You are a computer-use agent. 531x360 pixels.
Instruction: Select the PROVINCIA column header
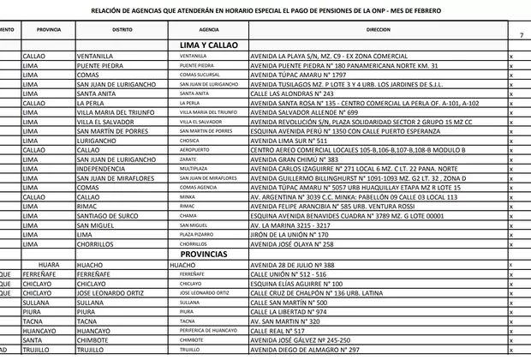click(49, 29)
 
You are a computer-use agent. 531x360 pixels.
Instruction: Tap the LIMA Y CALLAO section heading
click(209, 44)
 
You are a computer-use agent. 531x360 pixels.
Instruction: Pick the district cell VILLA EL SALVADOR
click(108, 122)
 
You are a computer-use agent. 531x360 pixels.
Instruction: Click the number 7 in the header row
click(522, 34)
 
